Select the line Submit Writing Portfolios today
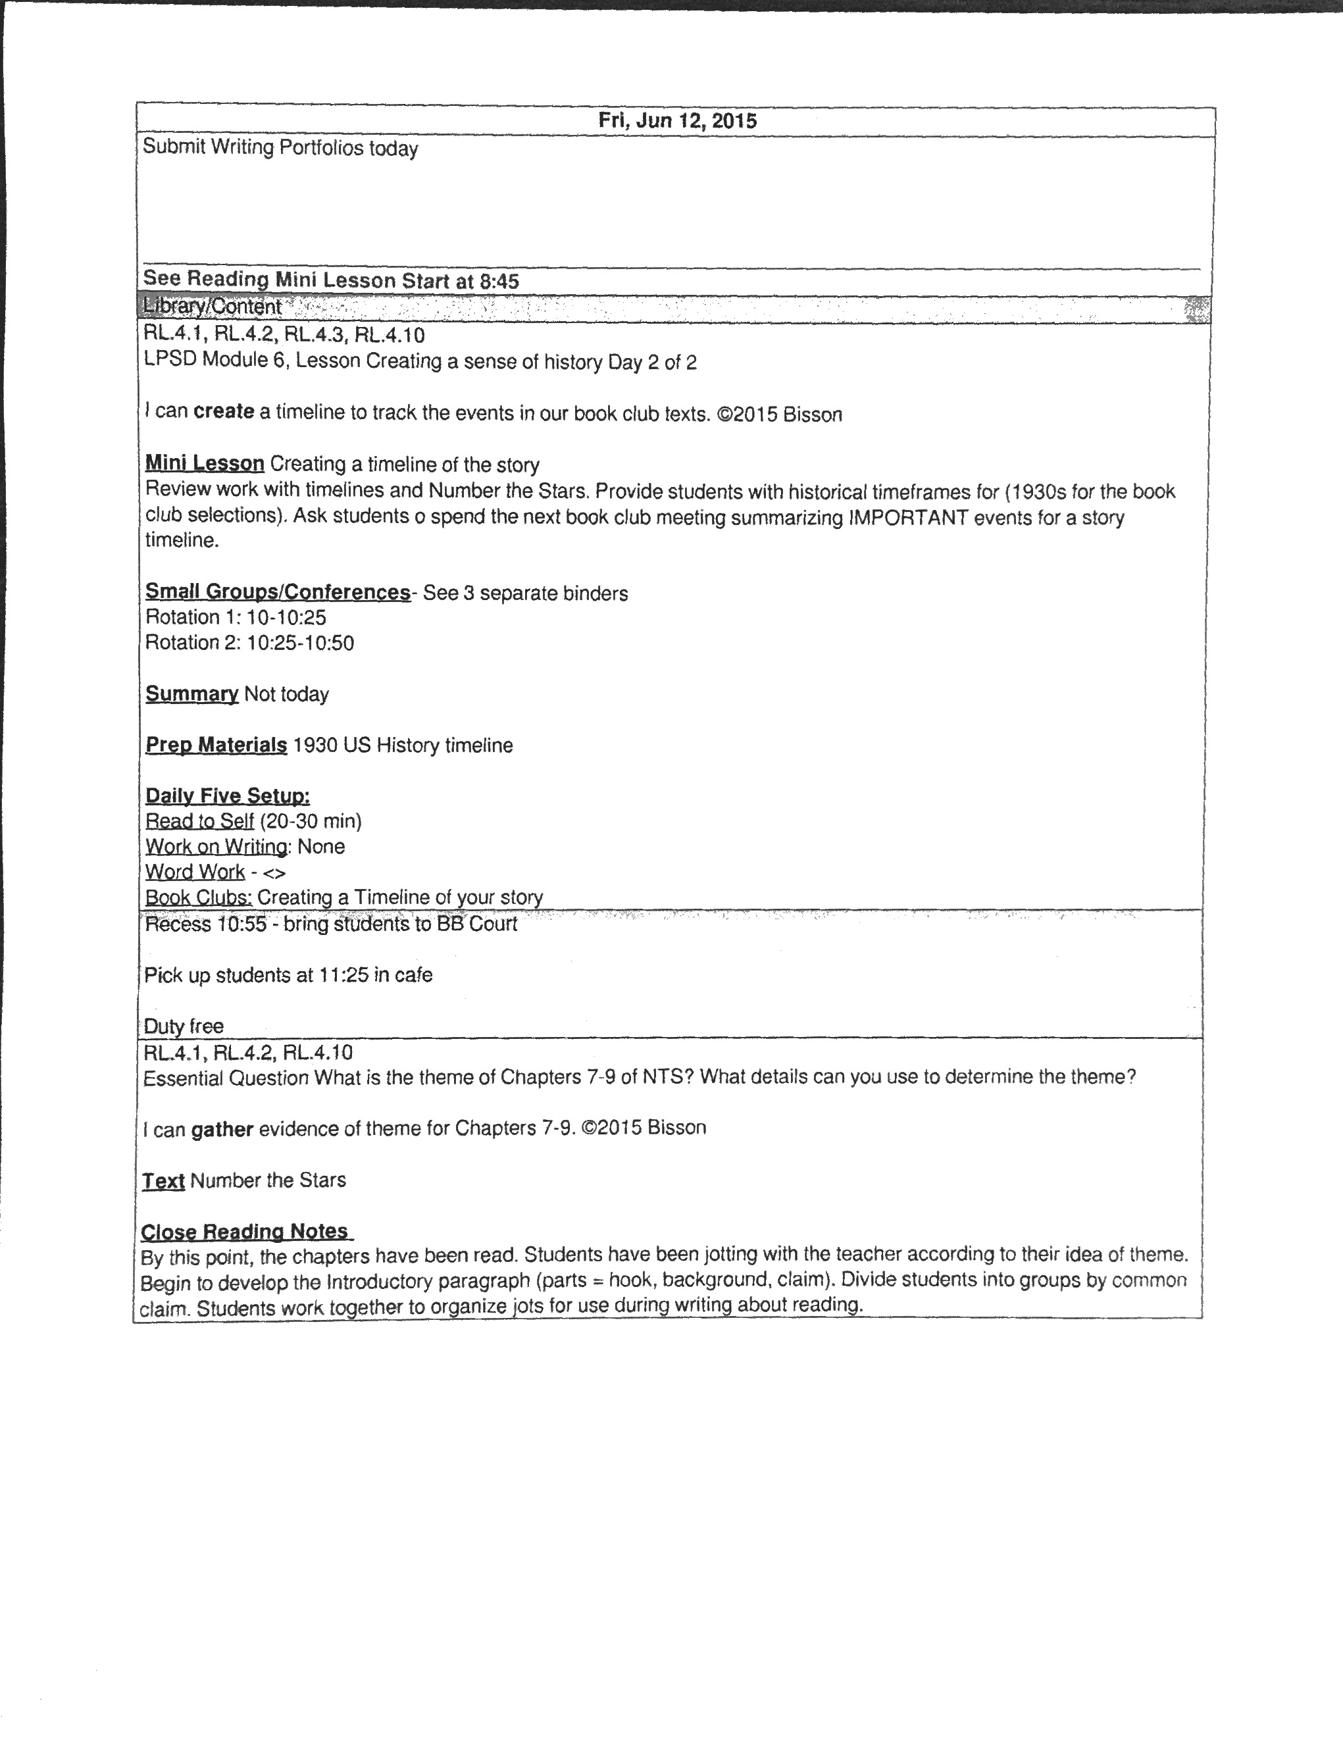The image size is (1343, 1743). [x=280, y=149]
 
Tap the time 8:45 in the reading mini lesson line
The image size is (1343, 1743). [x=499, y=281]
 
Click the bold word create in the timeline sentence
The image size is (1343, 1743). [x=224, y=412]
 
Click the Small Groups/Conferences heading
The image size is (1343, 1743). [x=278, y=592]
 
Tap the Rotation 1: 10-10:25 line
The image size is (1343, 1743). [x=236, y=618]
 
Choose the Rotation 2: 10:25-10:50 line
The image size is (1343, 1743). [x=249, y=644]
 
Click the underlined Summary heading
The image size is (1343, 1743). [x=191, y=694]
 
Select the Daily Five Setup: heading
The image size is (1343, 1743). [x=228, y=796]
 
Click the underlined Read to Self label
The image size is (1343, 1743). [x=199, y=821]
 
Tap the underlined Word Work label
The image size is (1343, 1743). [x=195, y=872]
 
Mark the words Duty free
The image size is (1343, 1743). [x=184, y=1026]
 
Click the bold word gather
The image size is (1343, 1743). [x=222, y=1129]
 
